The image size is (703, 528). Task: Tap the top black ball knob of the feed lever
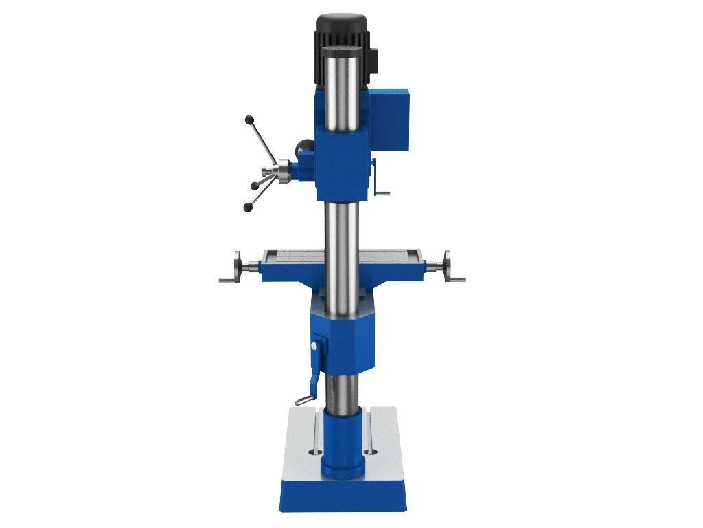click(249, 120)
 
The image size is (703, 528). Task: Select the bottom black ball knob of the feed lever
click(247, 206)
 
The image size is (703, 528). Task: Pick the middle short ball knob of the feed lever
click(255, 186)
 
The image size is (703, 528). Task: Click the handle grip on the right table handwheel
click(458, 279)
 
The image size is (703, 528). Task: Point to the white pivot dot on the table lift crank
click(316, 347)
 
